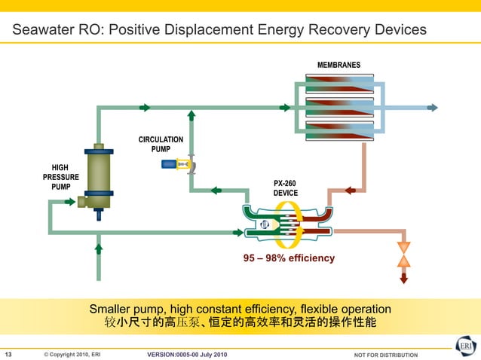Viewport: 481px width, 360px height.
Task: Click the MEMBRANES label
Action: click(x=338, y=65)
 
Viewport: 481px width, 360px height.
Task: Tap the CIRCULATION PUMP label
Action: click(x=161, y=144)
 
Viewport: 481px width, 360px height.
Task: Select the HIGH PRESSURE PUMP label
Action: click(x=60, y=177)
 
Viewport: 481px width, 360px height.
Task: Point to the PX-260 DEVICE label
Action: click(x=285, y=188)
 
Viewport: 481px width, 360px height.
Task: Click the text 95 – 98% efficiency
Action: click(x=289, y=258)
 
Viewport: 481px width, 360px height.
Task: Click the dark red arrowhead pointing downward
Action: click(x=403, y=279)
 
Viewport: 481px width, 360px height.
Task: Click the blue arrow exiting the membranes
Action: click(x=432, y=108)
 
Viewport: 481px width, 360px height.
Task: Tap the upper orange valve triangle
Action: click(x=403, y=247)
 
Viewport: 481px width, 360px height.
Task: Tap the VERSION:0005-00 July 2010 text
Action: click(x=185, y=355)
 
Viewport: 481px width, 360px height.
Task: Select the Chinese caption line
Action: click(x=240, y=322)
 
